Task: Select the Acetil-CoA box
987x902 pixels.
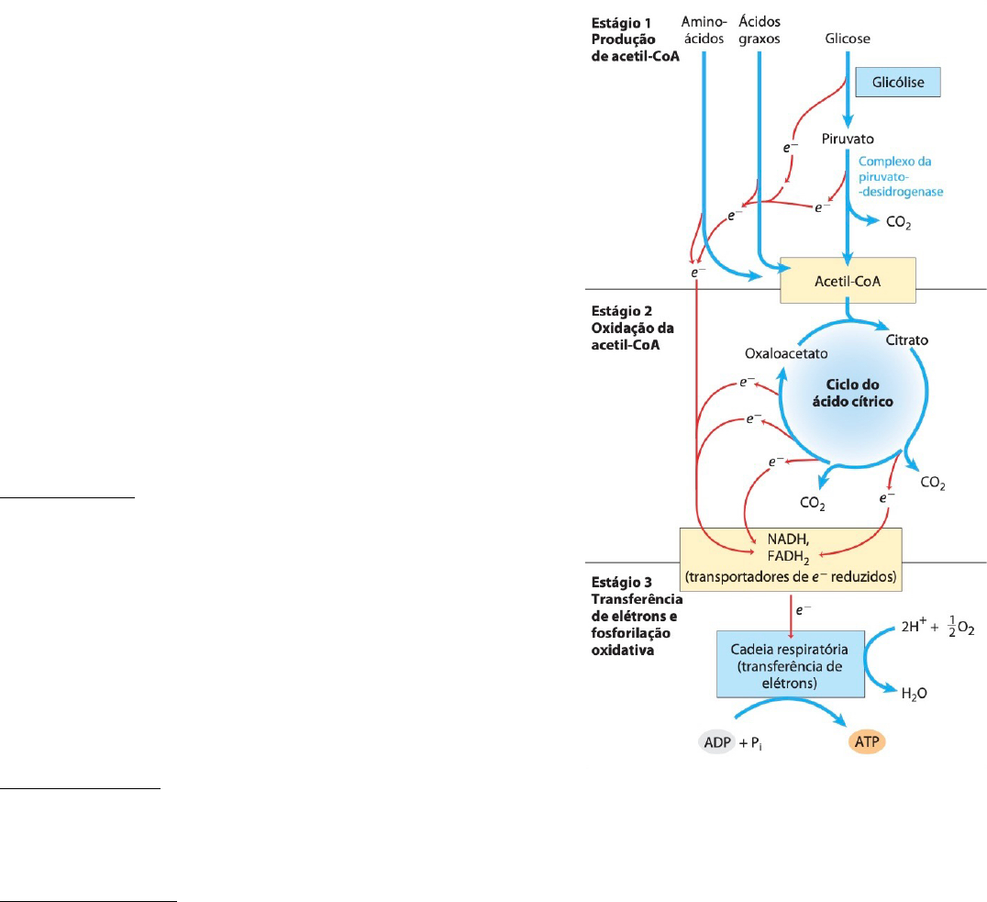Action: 847,281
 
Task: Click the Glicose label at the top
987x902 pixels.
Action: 847,39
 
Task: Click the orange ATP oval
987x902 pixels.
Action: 863,741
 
